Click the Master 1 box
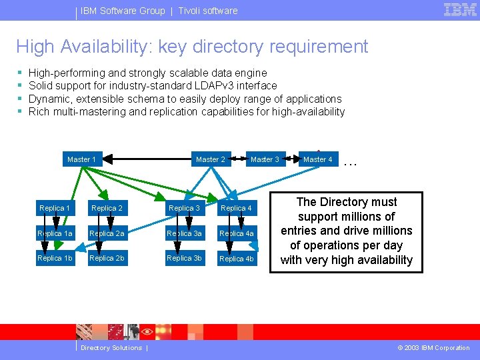pyautogui.click(x=81, y=159)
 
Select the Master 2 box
pyautogui.click(x=210, y=159)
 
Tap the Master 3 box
pyautogui.click(x=265, y=159)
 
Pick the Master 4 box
pyautogui.click(x=317, y=159)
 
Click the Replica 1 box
pyautogui.click(x=55, y=208)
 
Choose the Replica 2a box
pyautogui.click(x=107, y=233)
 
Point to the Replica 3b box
pyautogui.click(x=184, y=258)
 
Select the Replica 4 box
pyautogui.click(x=236, y=208)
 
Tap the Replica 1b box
pyautogui.click(x=55, y=258)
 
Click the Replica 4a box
pyautogui.click(x=236, y=233)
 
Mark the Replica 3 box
pyautogui.click(x=184, y=208)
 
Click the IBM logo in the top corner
pyautogui.click(x=460, y=10)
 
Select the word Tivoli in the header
pyautogui.click(x=192, y=11)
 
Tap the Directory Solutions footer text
pyautogui.click(x=111, y=347)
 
